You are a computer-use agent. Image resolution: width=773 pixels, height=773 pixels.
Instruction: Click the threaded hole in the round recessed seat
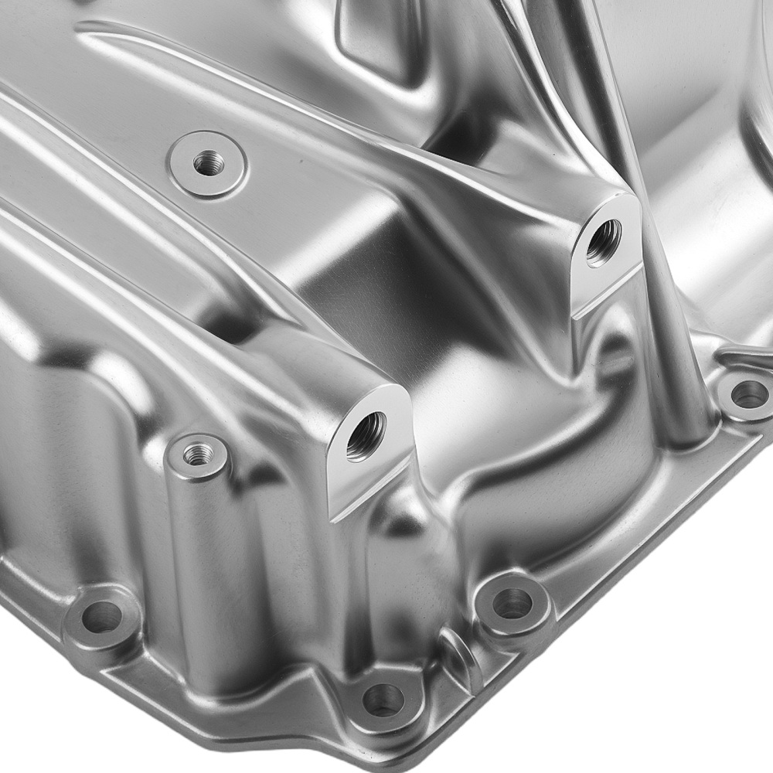coord(208,162)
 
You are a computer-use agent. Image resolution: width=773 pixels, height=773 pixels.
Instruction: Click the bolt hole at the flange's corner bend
coord(383,700)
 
